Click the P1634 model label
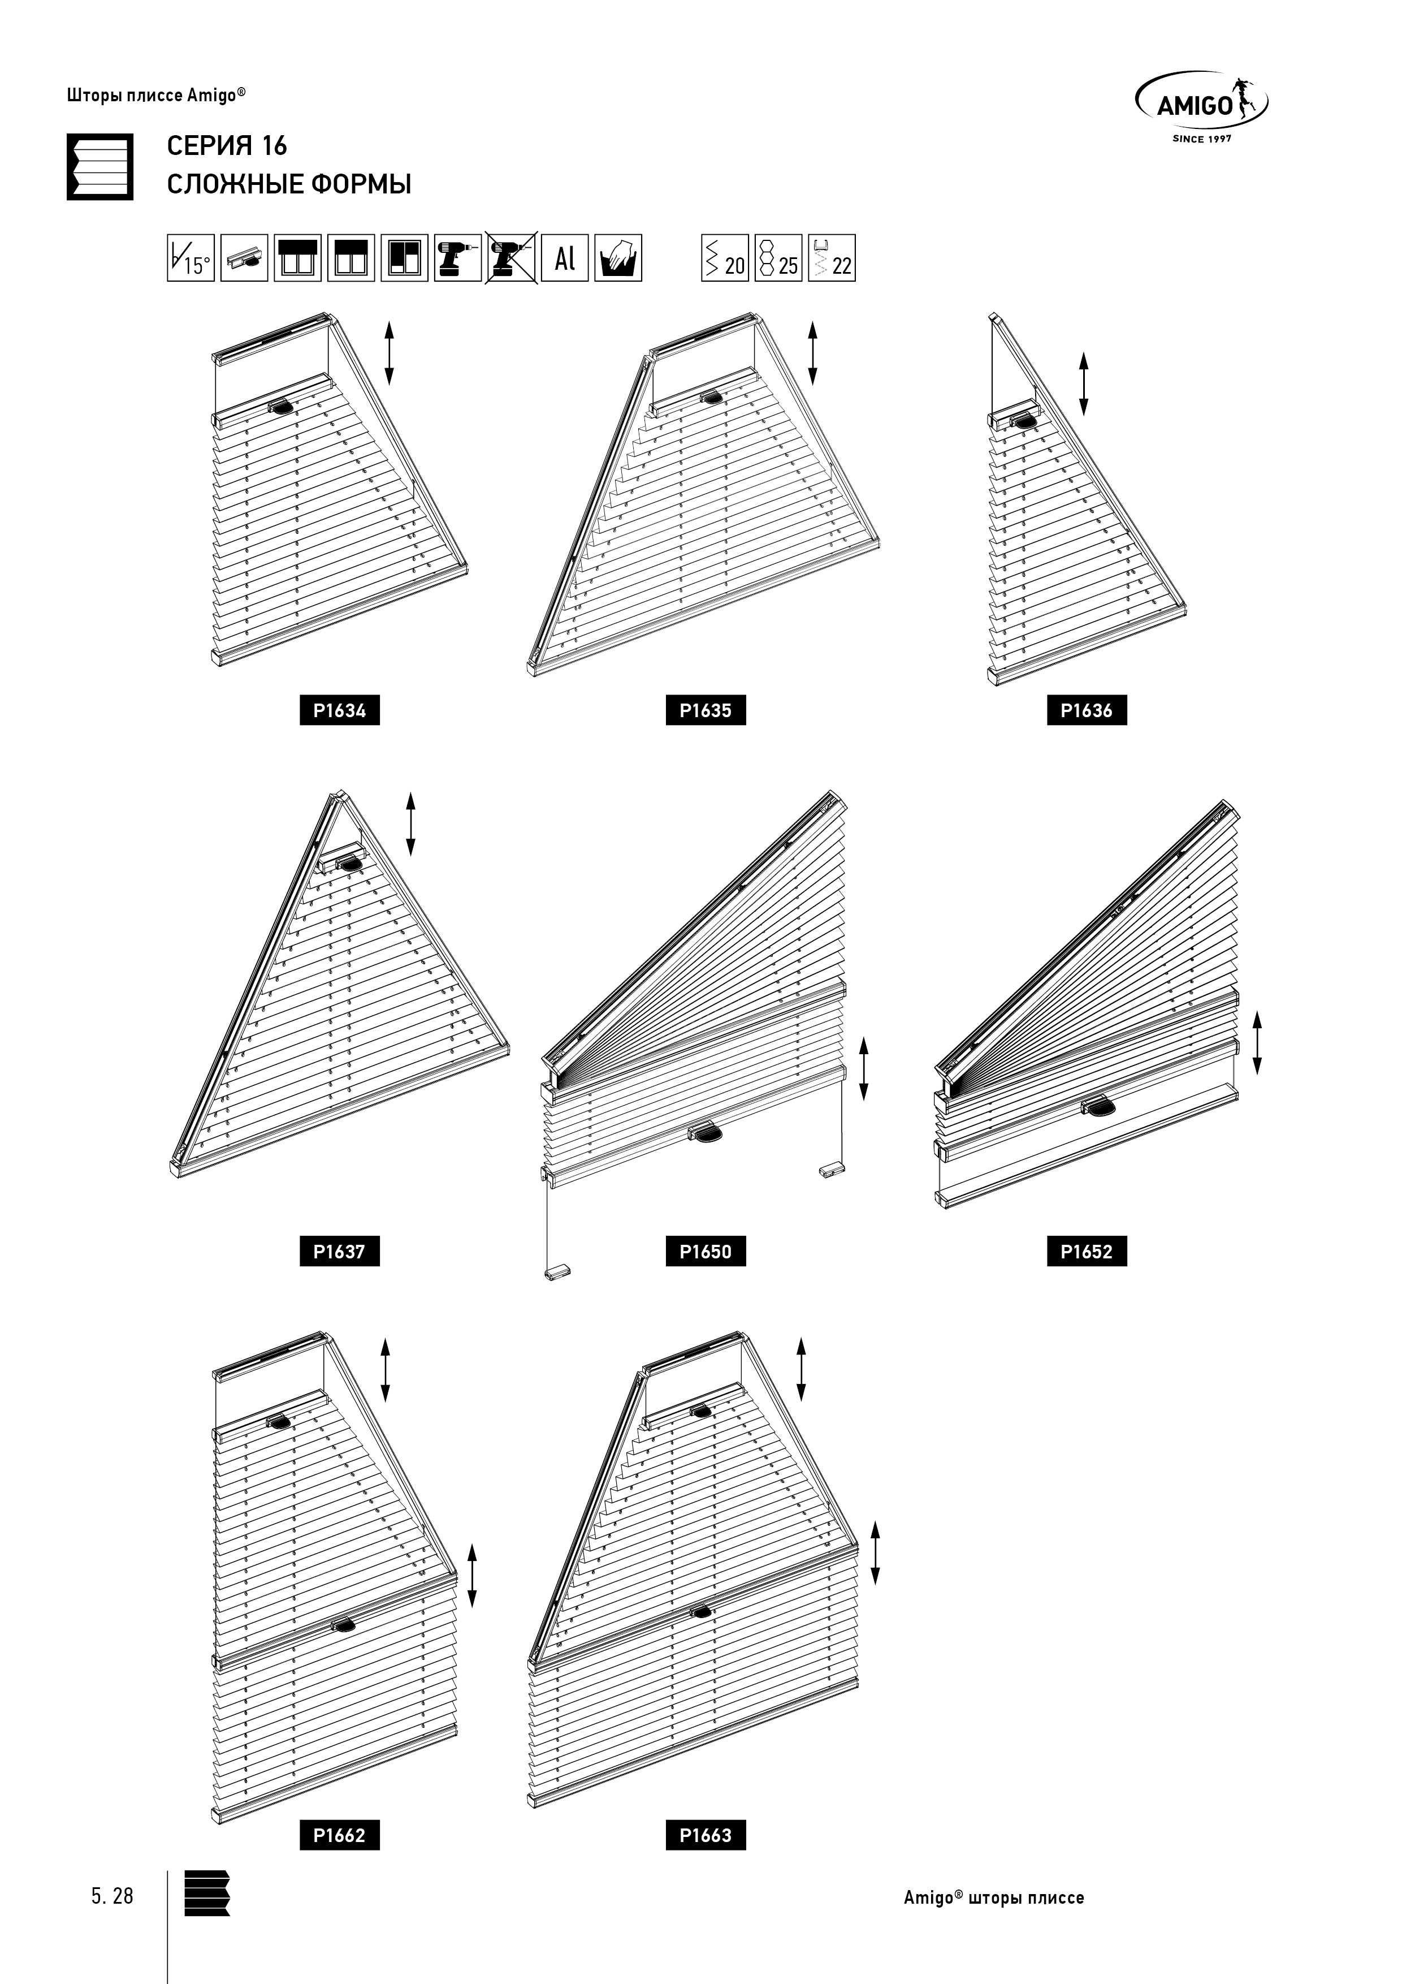(x=340, y=710)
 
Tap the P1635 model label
(x=706, y=710)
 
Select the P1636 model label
(x=1087, y=710)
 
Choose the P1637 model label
(x=340, y=1251)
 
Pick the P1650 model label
(x=706, y=1251)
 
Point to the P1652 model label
(x=1087, y=1251)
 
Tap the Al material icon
(x=565, y=257)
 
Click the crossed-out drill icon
(x=512, y=257)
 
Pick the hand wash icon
(x=618, y=257)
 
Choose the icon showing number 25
(x=778, y=257)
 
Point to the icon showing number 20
(x=725, y=257)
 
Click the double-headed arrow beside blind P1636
(x=1083, y=383)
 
